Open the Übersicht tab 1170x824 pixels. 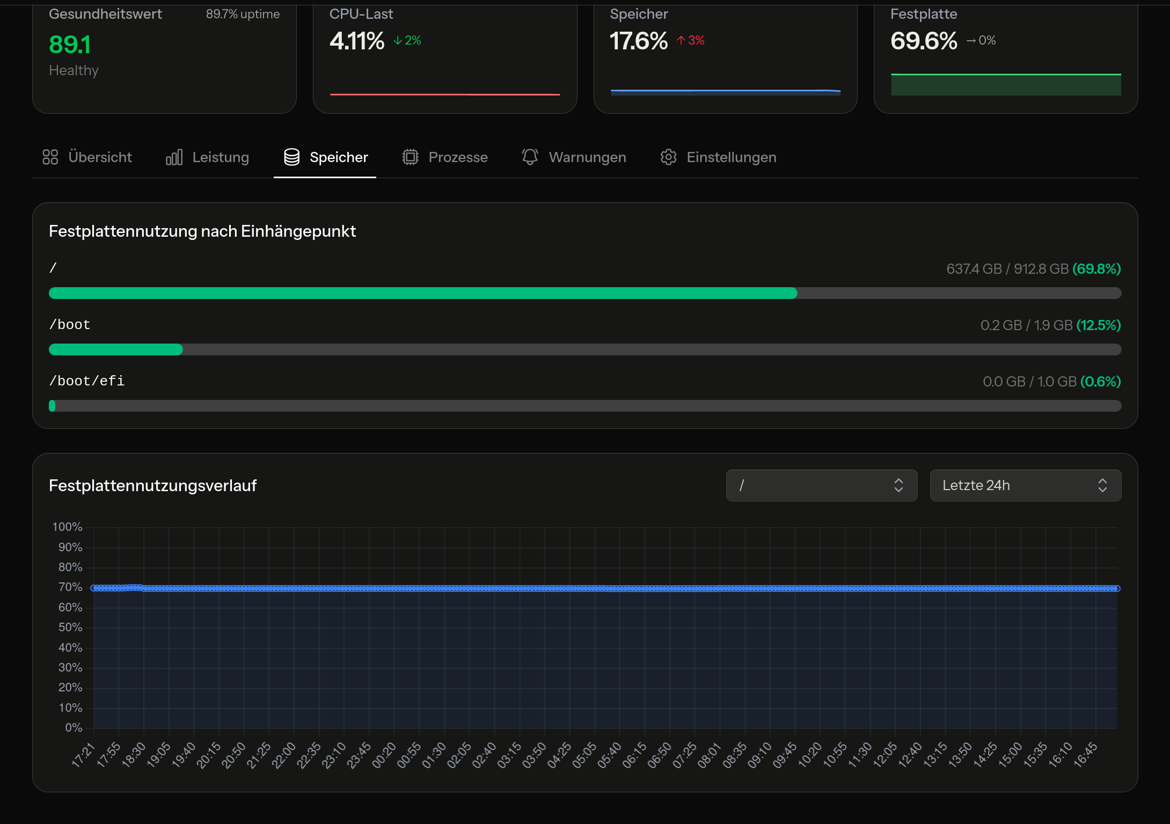point(87,157)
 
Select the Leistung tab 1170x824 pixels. point(208,157)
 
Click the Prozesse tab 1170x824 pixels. point(445,157)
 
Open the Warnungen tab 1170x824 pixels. point(574,157)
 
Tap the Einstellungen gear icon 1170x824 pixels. point(668,157)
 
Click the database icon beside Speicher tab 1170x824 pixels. point(291,157)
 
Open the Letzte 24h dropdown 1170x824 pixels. point(1025,485)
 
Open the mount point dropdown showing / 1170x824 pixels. point(821,485)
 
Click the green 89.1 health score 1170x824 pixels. point(70,45)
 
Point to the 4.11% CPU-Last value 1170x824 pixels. point(357,41)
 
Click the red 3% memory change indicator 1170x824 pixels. point(691,40)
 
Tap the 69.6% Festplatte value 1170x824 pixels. point(924,41)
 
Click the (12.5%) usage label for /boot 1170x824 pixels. point(1099,325)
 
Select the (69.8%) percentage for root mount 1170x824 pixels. point(1096,269)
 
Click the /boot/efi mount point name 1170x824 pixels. point(87,381)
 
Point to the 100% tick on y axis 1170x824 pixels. point(68,527)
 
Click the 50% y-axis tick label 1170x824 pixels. point(70,628)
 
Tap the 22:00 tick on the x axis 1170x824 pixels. point(284,755)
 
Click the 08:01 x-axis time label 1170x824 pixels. point(710,755)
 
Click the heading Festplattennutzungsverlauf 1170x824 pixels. point(153,486)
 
